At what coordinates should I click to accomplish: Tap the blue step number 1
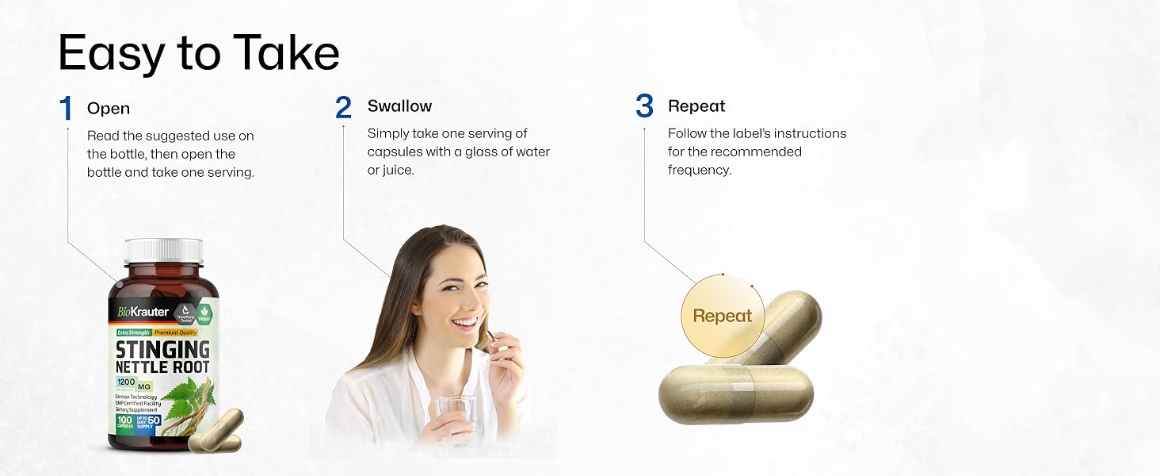click(x=67, y=109)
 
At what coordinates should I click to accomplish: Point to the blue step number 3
click(x=644, y=106)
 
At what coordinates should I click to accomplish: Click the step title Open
click(x=109, y=109)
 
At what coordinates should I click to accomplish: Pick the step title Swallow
click(x=399, y=106)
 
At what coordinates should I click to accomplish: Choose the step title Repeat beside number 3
click(x=696, y=106)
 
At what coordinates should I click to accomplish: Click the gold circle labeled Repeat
click(x=722, y=316)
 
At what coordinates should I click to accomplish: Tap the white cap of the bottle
click(x=164, y=251)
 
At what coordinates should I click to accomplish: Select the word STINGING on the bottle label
click(x=163, y=350)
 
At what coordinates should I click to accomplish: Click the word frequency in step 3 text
click(x=700, y=170)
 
